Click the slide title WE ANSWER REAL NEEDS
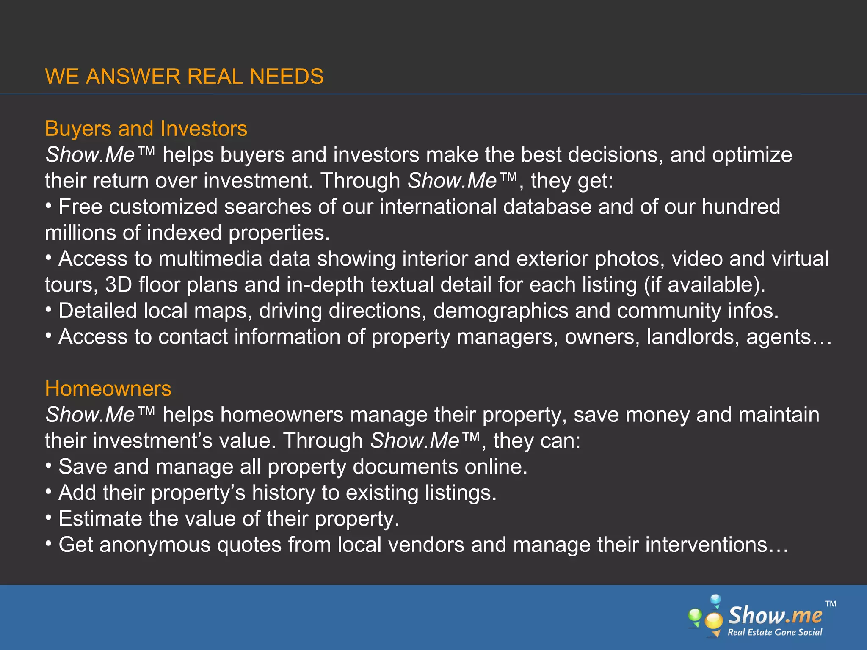click(184, 77)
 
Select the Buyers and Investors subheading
click(146, 129)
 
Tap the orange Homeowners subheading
click(108, 388)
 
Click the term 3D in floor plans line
click(119, 285)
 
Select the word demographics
click(500, 311)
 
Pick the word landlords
click(693, 337)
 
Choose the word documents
click(405, 467)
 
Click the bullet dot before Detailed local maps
click(49, 311)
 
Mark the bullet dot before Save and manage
click(49, 466)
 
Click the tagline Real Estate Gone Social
click(775, 632)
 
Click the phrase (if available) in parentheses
click(704, 285)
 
